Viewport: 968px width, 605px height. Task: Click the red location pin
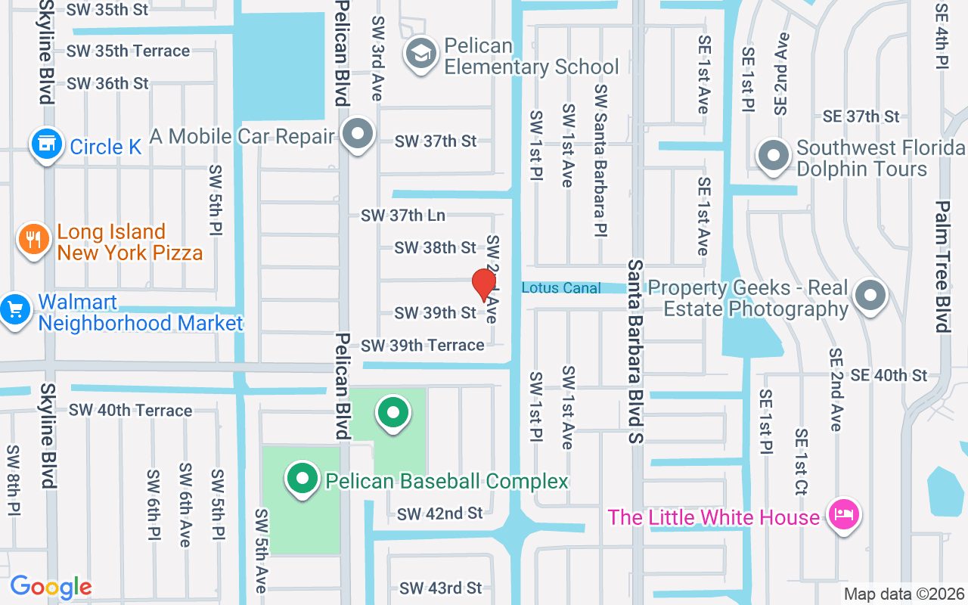[x=483, y=284]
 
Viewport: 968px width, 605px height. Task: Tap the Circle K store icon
[x=46, y=144]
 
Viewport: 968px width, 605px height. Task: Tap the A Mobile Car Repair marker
[x=358, y=135]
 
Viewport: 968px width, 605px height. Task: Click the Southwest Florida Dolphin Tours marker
[x=773, y=157]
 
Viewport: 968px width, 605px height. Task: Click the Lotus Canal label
[x=561, y=288]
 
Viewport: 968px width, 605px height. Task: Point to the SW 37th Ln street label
[x=402, y=216]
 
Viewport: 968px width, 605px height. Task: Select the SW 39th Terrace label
[x=422, y=346]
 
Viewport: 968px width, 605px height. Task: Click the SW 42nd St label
[x=439, y=513]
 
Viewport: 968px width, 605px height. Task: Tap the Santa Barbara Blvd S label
[x=635, y=352]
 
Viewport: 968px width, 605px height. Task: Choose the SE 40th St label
[x=888, y=375]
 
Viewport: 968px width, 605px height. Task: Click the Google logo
[x=51, y=587]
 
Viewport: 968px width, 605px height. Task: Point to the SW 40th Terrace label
[x=130, y=411]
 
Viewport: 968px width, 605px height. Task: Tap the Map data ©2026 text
[x=904, y=594]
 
